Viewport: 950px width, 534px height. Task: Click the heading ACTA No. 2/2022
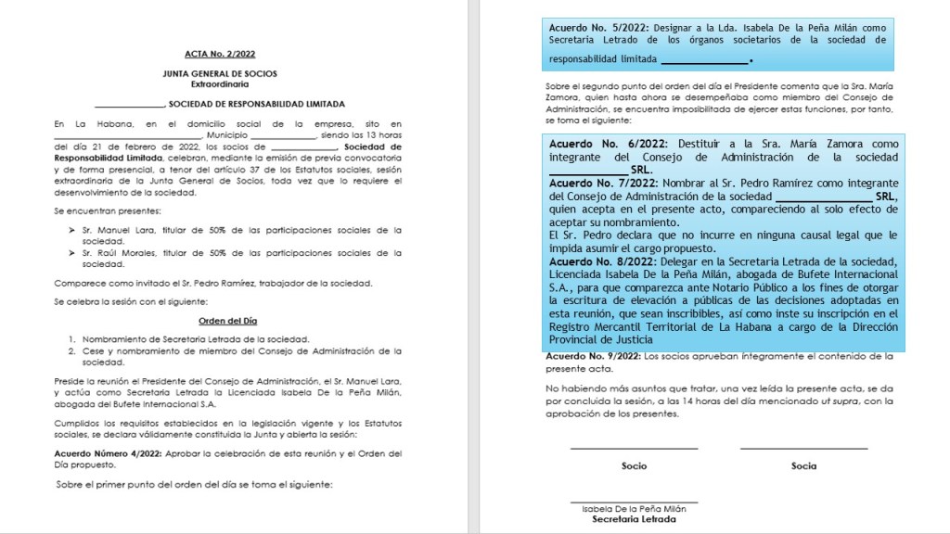[227, 55]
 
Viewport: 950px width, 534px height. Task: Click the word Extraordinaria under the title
[226, 83]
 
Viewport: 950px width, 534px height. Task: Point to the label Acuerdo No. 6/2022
[597, 145]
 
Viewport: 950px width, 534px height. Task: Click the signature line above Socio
[634, 449]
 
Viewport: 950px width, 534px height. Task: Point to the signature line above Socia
[803, 449]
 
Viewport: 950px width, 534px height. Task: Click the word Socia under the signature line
[803, 465]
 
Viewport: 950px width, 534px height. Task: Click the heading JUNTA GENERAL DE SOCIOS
[226, 73]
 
